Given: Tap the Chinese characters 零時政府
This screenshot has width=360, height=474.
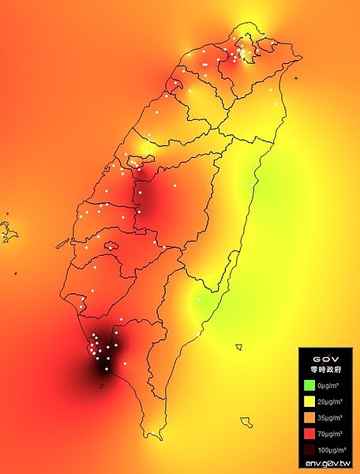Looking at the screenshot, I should pyautogui.click(x=326, y=369).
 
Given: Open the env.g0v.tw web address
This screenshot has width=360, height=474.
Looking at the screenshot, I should pyautogui.click(x=327, y=462).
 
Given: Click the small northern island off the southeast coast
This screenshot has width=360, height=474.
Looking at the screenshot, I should pyautogui.click(x=238, y=346).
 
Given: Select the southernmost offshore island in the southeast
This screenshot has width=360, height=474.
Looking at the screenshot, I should pyautogui.click(x=246, y=422).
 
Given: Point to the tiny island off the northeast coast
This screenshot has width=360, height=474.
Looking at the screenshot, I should pyautogui.click(x=294, y=77).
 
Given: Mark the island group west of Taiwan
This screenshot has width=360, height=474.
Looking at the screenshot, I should pyautogui.click(x=9, y=231).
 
